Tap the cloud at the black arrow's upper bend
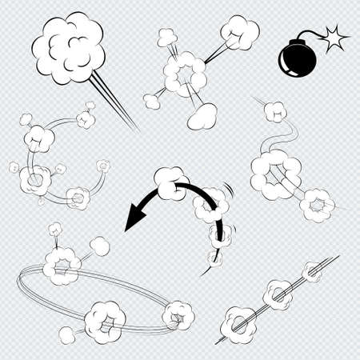(169, 182)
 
